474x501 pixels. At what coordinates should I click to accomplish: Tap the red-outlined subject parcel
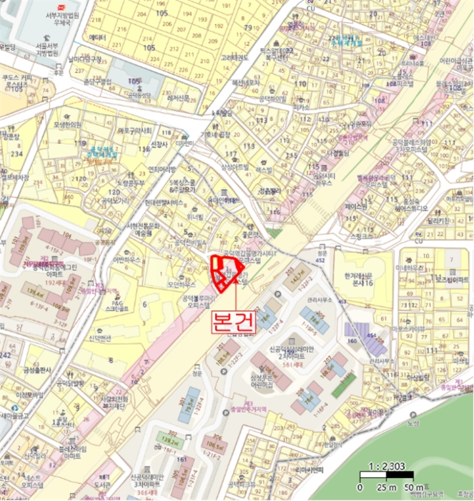226,273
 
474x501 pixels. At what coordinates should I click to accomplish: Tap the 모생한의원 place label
69,124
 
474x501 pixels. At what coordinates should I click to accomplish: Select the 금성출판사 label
38,370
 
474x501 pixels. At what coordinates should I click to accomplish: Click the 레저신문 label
177,98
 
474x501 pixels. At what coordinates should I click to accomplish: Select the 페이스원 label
355,206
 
